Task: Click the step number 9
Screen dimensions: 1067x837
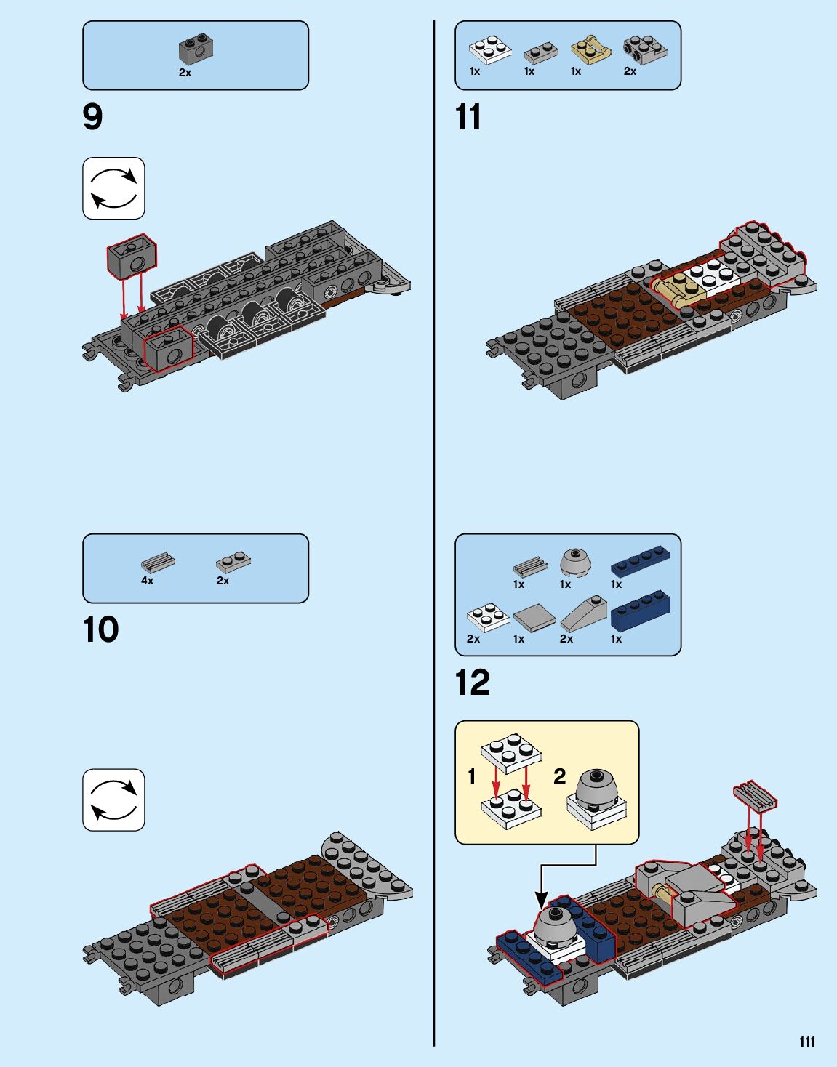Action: coord(92,117)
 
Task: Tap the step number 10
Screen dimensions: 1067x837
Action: coord(100,629)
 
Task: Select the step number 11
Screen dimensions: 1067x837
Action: coord(468,117)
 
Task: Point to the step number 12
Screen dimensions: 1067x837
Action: coord(473,683)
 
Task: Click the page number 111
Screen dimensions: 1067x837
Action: coord(806,1042)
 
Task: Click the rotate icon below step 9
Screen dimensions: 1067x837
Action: coord(113,188)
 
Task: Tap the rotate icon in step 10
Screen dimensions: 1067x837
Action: coord(113,800)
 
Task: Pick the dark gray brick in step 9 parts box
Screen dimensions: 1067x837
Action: coord(195,49)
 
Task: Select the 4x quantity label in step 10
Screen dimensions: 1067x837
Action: coord(147,581)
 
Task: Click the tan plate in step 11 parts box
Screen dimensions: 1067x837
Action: coord(589,50)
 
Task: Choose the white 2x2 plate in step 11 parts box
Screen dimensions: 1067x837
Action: coord(489,51)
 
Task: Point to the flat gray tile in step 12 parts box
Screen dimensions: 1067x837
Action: coord(534,619)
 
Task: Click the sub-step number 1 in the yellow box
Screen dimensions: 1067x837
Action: coord(471,776)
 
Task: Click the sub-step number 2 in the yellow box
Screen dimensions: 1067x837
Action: coord(559,776)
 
